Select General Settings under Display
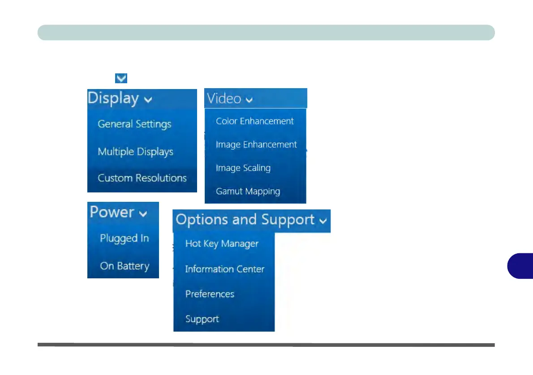coord(134,124)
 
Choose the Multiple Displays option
coord(135,152)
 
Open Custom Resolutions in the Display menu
coord(142,178)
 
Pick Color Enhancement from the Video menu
coord(254,121)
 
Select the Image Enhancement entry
coord(256,145)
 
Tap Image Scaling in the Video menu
coord(243,168)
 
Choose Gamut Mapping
coord(248,192)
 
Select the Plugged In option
coord(124,239)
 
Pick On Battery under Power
coord(124,266)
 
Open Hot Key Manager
coord(222,244)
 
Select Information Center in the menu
coord(224,269)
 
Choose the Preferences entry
coord(210,294)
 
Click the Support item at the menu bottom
coord(202,319)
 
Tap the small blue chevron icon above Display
coord(121,78)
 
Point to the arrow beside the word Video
coord(249,100)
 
